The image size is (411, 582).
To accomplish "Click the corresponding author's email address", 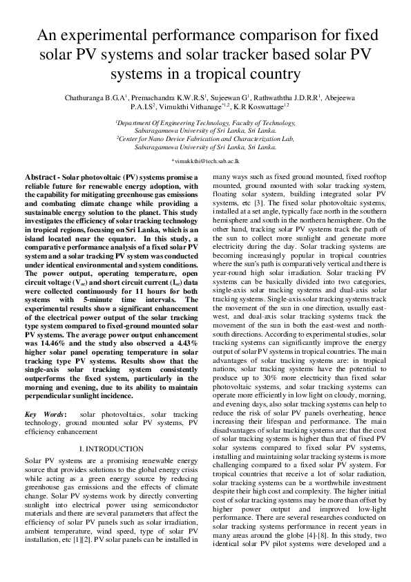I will [x=205, y=160].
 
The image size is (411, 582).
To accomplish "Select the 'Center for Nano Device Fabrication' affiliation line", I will [x=205, y=138].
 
